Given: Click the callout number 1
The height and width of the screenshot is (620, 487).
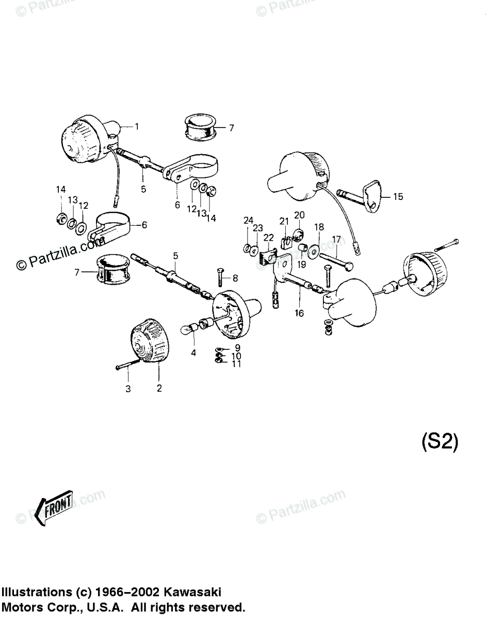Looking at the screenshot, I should tap(137, 126).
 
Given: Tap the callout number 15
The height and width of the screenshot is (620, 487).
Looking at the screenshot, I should tap(398, 197).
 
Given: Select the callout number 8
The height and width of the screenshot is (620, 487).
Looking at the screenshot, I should tap(235, 278).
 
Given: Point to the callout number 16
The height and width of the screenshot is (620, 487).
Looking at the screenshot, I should tap(299, 313).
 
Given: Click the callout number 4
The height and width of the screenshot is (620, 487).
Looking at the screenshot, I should tap(193, 353).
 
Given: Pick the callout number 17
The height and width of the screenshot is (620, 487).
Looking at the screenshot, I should tap(336, 239).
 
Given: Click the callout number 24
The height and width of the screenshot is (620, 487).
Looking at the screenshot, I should tap(248, 221).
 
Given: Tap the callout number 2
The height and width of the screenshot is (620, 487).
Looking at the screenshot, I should tap(159, 388).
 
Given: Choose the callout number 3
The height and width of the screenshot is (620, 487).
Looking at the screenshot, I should tap(128, 389).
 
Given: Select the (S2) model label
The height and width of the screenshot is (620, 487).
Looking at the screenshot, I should tap(440, 442).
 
